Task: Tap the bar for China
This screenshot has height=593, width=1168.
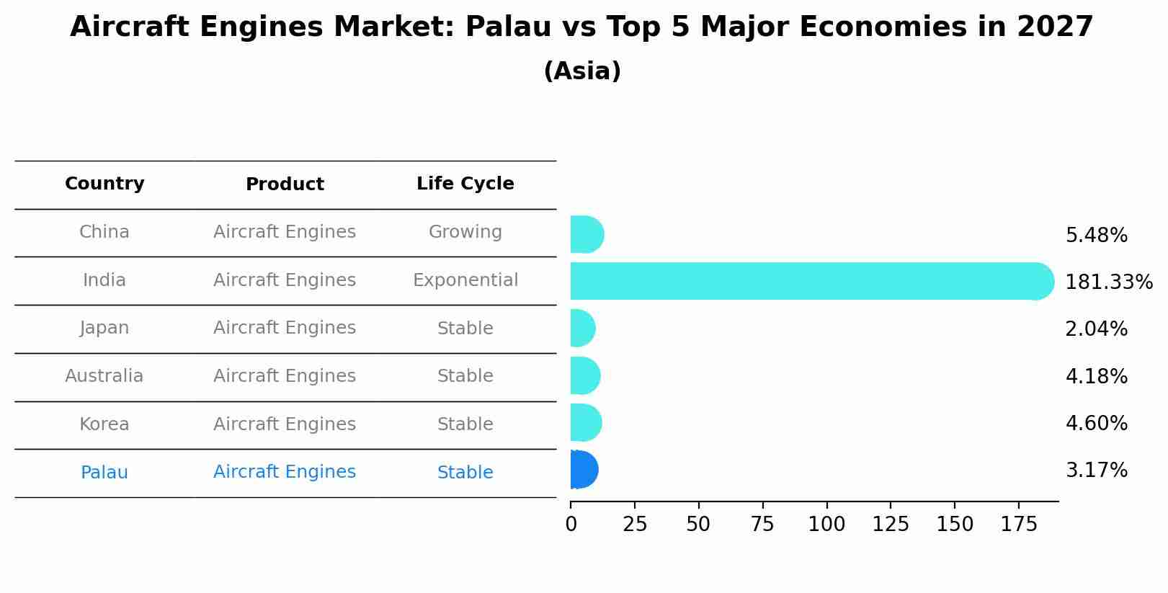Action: click(587, 234)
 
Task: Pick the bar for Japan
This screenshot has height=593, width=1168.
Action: click(582, 329)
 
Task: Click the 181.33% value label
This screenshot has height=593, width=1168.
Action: click(1108, 282)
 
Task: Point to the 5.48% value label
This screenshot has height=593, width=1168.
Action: click(1096, 236)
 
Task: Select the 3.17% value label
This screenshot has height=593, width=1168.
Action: click(1096, 471)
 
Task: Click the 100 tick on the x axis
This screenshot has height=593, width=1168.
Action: click(826, 525)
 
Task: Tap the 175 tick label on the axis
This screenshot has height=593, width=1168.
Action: click(1018, 525)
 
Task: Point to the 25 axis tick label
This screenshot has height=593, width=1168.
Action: click(635, 525)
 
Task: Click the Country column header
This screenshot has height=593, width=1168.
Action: click(104, 184)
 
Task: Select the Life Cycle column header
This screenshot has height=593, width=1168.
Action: click(465, 184)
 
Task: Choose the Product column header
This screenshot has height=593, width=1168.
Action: click(285, 184)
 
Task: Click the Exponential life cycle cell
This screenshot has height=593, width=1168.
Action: click(465, 280)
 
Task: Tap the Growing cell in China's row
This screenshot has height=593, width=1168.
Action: click(465, 232)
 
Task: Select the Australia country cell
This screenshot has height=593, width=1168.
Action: click(104, 376)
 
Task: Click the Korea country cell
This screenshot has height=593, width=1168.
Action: click(104, 424)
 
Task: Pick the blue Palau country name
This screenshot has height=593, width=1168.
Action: click(104, 473)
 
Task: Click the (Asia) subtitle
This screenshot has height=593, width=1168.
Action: click(582, 71)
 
